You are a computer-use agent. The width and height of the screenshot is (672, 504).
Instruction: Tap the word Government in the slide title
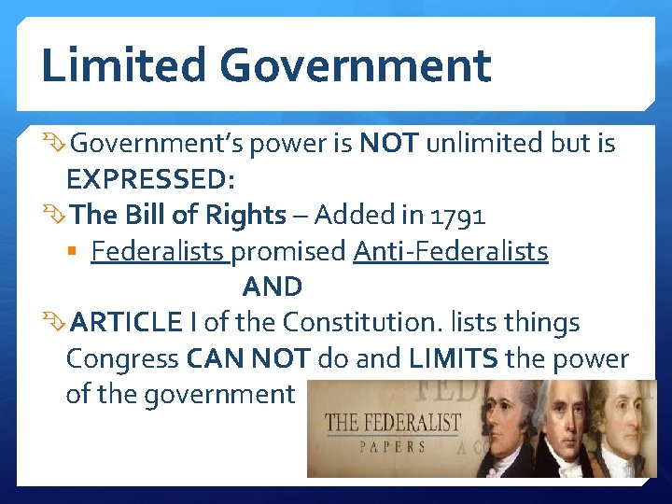(x=356, y=65)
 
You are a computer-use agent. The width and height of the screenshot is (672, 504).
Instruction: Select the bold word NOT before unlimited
(x=389, y=143)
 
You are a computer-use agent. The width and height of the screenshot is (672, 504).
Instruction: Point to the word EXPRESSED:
(x=150, y=179)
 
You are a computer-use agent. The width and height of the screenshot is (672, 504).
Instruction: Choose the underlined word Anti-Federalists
(x=451, y=252)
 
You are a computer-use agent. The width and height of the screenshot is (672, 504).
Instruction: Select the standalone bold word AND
(x=272, y=287)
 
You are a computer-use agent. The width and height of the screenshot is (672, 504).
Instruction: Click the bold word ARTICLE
(x=126, y=323)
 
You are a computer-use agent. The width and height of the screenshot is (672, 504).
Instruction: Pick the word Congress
(x=122, y=359)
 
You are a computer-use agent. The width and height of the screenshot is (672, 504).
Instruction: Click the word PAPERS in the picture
(x=393, y=446)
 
